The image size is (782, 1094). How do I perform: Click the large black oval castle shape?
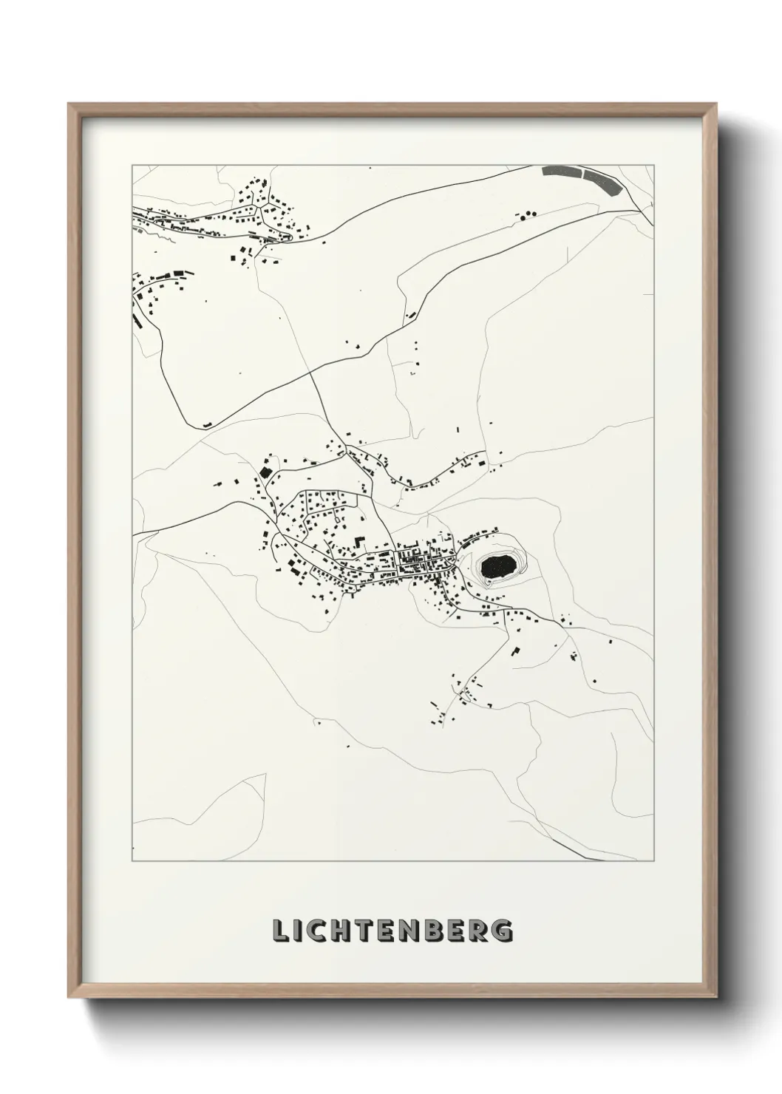498,567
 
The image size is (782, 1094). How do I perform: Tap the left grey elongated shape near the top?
561,171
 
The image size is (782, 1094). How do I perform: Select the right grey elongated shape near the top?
602,180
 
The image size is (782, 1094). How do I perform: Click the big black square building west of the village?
265,471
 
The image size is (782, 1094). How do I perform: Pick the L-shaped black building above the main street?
358,542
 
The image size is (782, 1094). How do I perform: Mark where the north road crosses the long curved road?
310,370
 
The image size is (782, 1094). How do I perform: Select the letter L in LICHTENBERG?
280,931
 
